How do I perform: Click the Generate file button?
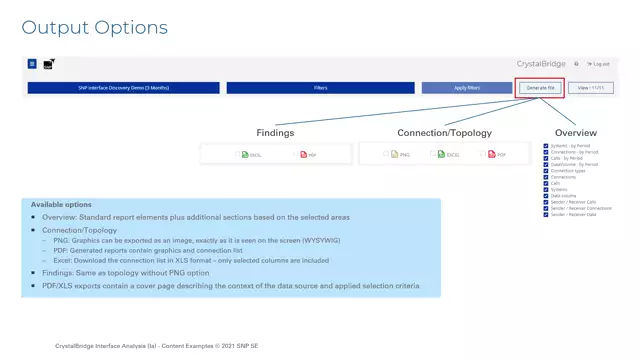tap(540, 88)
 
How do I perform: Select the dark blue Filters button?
tap(321, 88)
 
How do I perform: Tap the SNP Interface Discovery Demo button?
tap(123, 88)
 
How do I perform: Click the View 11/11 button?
tap(590, 88)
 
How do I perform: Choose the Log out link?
tap(600, 64)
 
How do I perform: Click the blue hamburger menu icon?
tap(32, 64)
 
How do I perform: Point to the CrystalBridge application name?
tap(541, 64)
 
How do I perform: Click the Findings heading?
tap(275, 132)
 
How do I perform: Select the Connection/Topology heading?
tap(443, 132)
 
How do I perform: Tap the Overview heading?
tap(576, 132)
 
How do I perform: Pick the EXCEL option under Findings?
tap(251, 155)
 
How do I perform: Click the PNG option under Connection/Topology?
tap(399, 155)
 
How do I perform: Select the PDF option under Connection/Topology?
tap(496, 155)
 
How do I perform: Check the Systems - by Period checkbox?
tap(546, 146)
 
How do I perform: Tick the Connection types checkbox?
tap(546, 170)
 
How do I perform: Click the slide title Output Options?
tap(95, 27)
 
